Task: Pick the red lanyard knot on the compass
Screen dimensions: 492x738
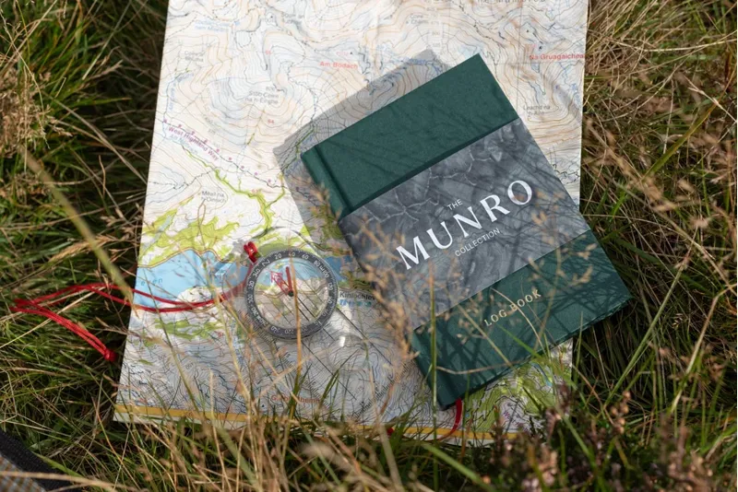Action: pos(250,251)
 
